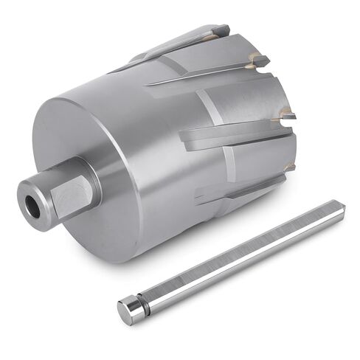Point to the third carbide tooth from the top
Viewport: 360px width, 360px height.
[x=286, y=115]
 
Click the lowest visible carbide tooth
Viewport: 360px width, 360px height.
[x=289, y=167]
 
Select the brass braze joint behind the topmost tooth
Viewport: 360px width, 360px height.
[x=210, y=35]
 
